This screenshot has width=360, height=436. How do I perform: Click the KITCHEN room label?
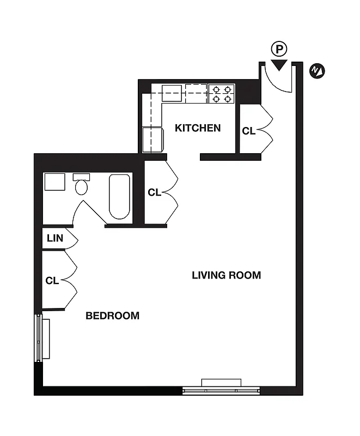(x=197, y=128)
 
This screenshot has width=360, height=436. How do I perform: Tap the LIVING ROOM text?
(x=226, y=275)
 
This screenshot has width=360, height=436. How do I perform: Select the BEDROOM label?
(x=112, y=316)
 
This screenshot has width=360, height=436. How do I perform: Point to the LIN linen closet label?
(x=54, y=238)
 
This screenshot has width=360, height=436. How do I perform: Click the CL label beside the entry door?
(x=248, y=131)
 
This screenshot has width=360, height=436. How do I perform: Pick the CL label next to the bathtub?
(x=154, y=192)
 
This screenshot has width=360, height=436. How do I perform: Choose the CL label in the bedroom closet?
(x=52, y=281)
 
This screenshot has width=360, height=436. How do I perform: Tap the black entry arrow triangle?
(x=279, y=65)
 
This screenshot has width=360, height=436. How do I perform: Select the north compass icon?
(x=316, y=70)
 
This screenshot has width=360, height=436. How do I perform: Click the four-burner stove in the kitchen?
(x=221, y=93)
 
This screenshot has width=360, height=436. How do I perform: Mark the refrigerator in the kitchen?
(x=152, y=140)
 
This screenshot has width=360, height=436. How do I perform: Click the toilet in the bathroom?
(x=82, y=185)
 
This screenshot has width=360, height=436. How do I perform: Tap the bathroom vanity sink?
(x=55, y=182)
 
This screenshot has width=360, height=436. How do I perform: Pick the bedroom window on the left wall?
(x=39, y=338)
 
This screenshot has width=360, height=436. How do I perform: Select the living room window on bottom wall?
(x=221, y=388)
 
